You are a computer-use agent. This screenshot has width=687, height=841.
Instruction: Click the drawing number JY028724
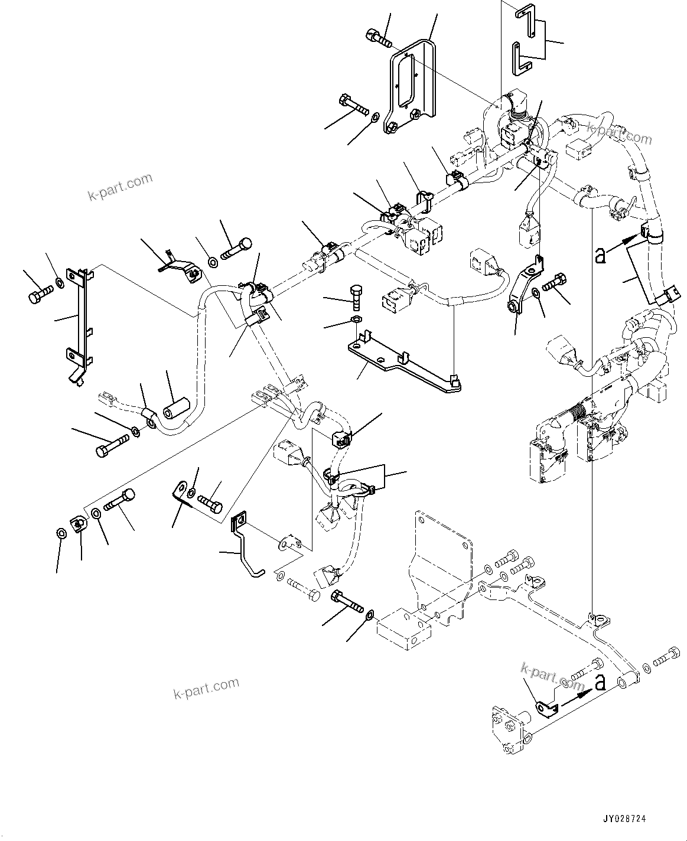pyautogui.click(x=624, y=820)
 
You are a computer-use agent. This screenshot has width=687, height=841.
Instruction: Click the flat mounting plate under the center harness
pyautogui.click(x=402, y=363)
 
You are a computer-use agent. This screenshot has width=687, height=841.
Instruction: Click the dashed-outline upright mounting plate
pyautogui.click(x=443, y=549)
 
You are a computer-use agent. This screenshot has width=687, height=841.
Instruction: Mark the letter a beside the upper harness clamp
pyautogui.click(x=600, y=255)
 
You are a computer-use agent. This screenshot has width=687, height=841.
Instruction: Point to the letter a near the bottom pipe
pyautogui.click(x=600, y=683)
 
